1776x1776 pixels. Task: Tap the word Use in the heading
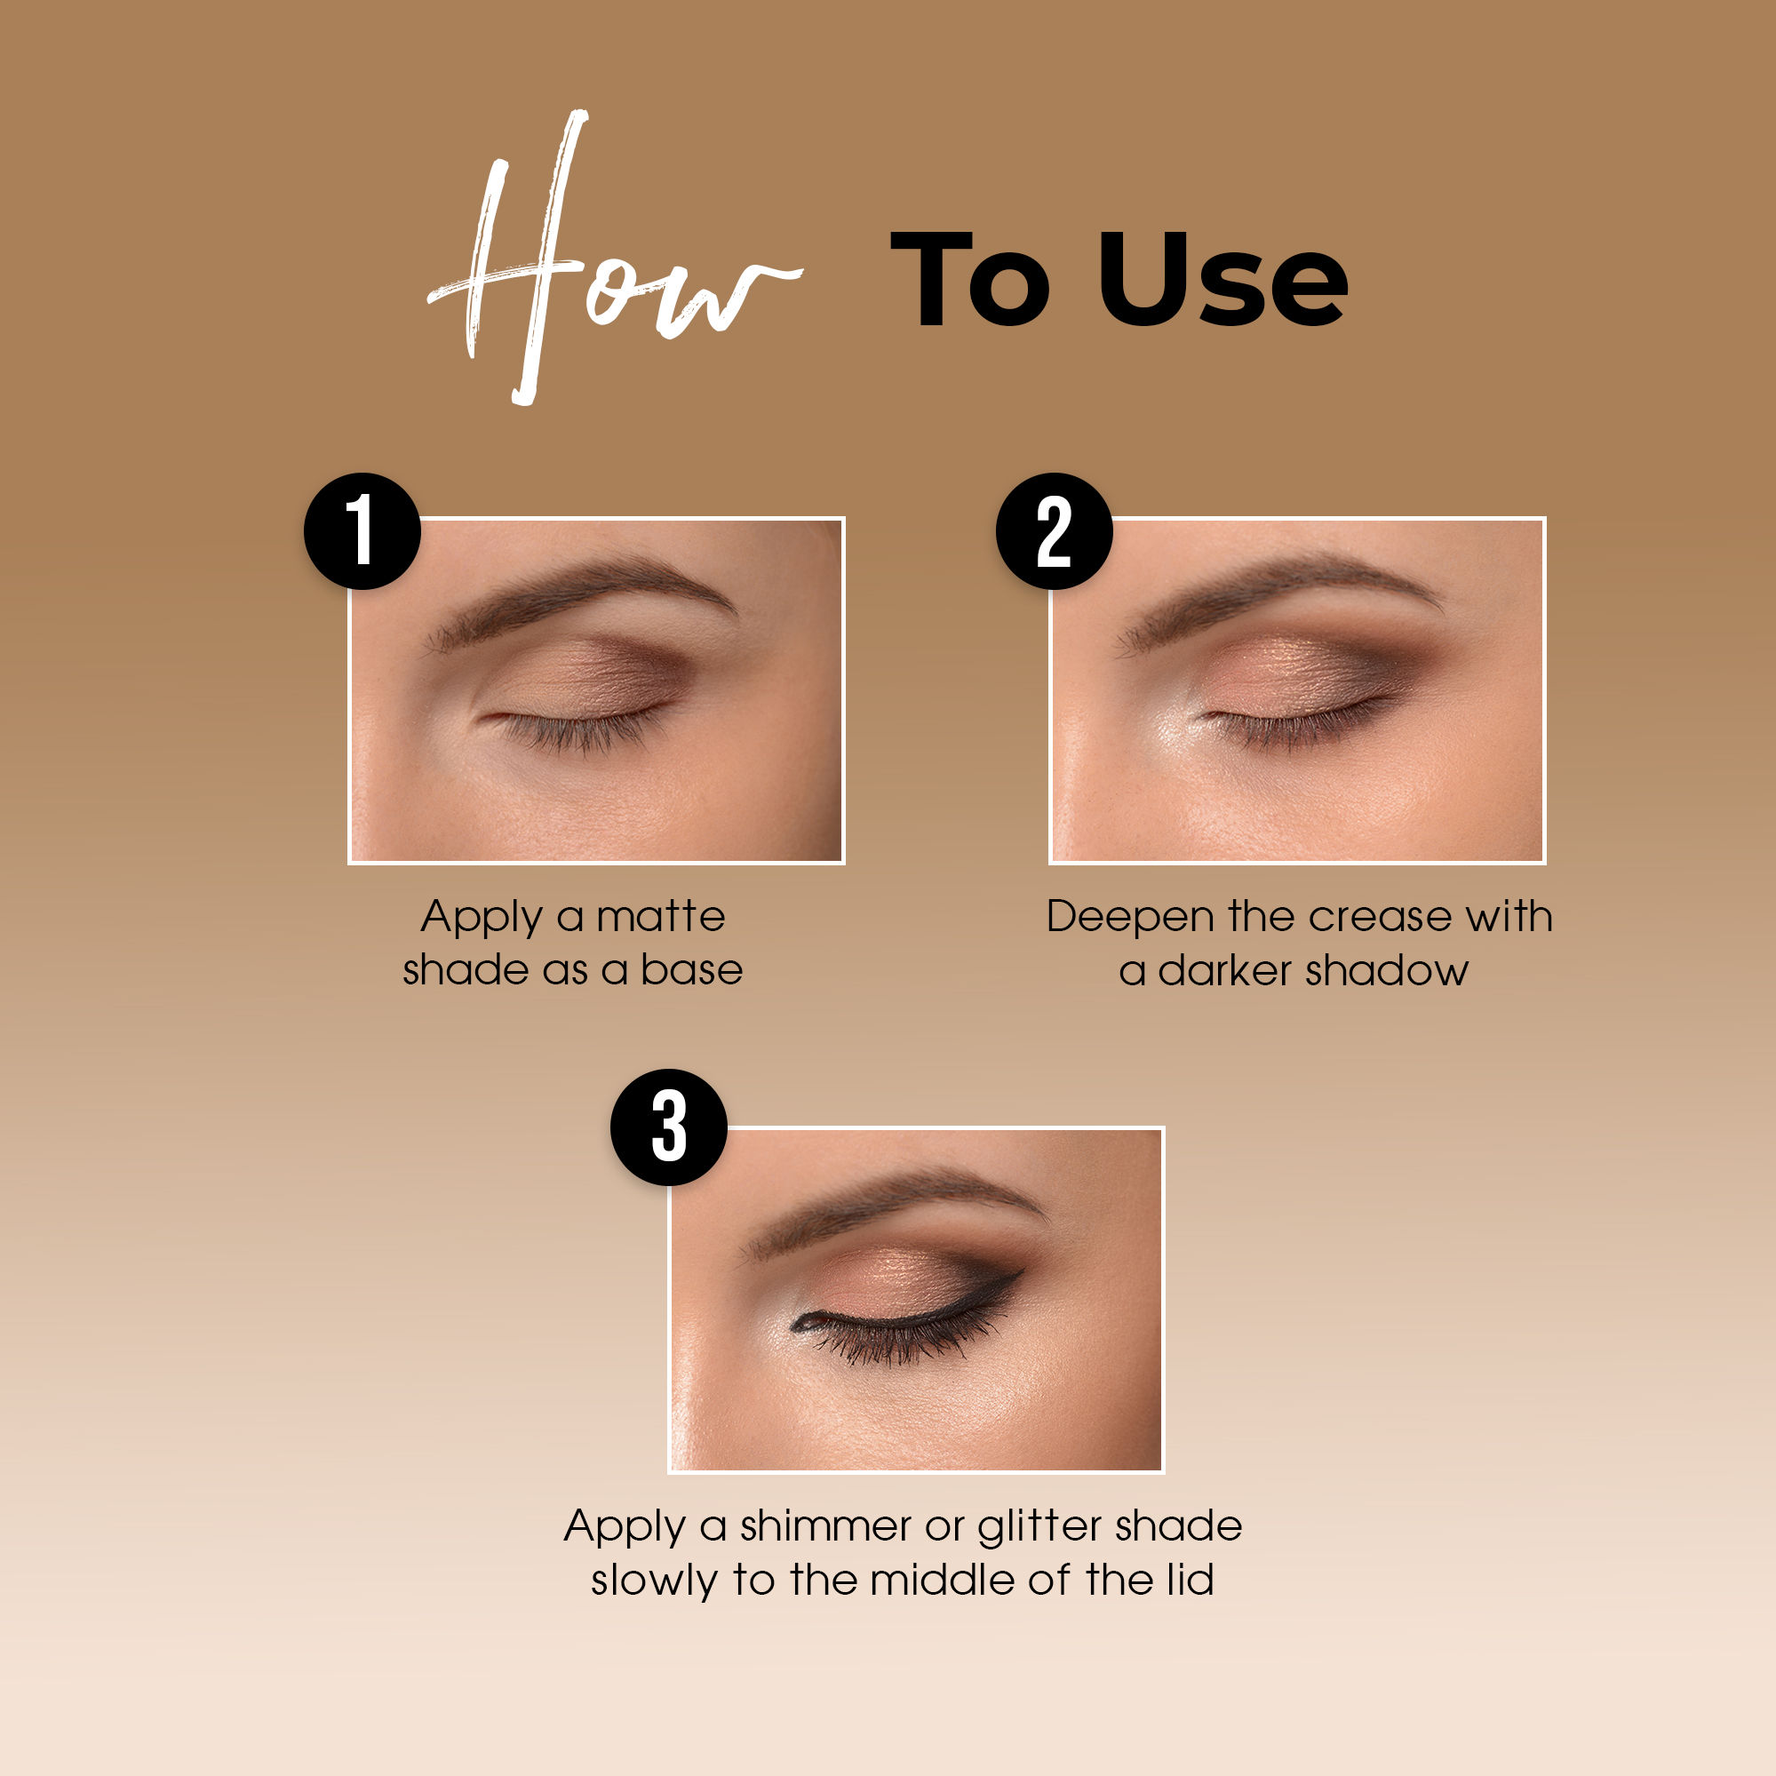pos(1222,281)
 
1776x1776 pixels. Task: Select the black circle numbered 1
pos(362,531)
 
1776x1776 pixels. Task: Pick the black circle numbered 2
pos(1055,531)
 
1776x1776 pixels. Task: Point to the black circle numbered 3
pos(668,1127)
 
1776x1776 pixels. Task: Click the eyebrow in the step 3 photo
pos(901,1195)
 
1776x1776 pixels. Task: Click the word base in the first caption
pos(691,971)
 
